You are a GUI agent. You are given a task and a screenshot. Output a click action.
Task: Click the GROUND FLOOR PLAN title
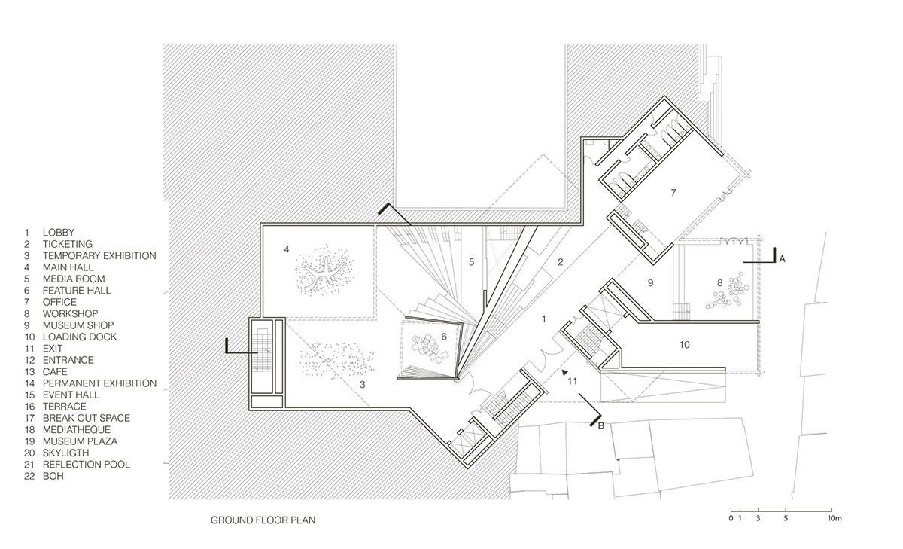click(x=263, y=520)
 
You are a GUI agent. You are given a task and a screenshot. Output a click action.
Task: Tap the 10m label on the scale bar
click(x=835, y=518)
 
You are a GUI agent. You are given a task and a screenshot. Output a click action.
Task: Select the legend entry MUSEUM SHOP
click(x=78, y=325)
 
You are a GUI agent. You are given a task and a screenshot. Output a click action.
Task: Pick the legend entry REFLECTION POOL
click(x=87, y=465)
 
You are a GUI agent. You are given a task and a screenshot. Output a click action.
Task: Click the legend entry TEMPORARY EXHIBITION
click(x=99, y=256)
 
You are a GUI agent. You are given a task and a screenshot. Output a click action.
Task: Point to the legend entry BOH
click(x=53, y=476)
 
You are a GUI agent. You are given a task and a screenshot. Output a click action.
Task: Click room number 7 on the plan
click(x=673, y=193)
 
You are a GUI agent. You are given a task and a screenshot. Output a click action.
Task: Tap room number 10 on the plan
click(x=685, y=345)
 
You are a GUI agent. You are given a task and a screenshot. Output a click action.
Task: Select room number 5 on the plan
click(x=471, y=262)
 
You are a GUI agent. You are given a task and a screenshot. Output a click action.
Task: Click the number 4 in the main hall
click(x=287, y=249)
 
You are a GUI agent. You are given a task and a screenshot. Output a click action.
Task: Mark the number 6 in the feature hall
click(x=444, y=337)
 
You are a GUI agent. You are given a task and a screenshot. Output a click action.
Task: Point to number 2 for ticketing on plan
click(x=560, y=262)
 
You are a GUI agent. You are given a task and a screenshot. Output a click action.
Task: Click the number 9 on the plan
click(x=650, y=283)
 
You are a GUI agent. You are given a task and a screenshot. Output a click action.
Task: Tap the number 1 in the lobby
click(x=544, y=319)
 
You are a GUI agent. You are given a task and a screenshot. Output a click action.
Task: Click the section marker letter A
click(x=782, y=259)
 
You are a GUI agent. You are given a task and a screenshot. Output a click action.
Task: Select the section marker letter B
click(x=601, y=425)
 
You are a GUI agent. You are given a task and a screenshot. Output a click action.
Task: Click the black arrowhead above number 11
click(x=565, y=372)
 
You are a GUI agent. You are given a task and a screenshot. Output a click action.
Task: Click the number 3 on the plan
click(x=363, y=385)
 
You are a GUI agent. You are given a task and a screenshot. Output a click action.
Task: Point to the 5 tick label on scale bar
click(x=786, y=518)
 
